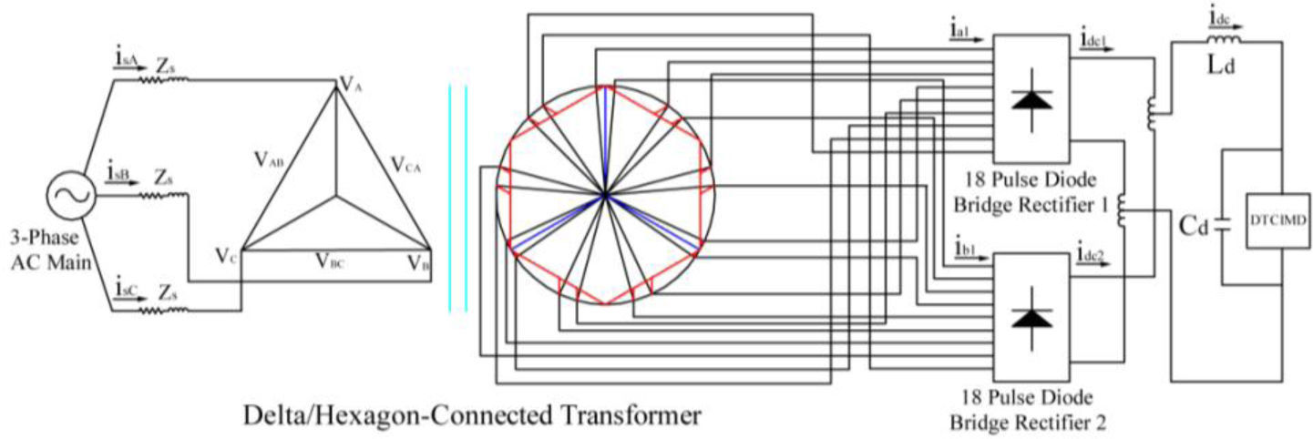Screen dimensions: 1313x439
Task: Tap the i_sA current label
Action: click(128, 58)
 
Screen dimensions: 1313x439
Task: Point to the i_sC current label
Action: click(128, 289)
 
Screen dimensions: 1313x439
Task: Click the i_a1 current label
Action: click(960, 32)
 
